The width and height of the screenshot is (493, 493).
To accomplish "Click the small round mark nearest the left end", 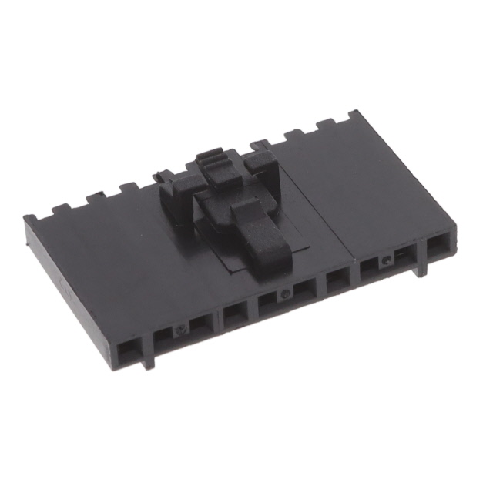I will point(181,330).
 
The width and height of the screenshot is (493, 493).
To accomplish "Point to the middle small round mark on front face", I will point(286,293).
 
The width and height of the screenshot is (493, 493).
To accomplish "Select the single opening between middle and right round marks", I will point(337,280).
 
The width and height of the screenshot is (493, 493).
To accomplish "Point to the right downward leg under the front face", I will point(421,268).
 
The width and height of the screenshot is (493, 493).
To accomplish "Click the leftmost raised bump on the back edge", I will point(59,209).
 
